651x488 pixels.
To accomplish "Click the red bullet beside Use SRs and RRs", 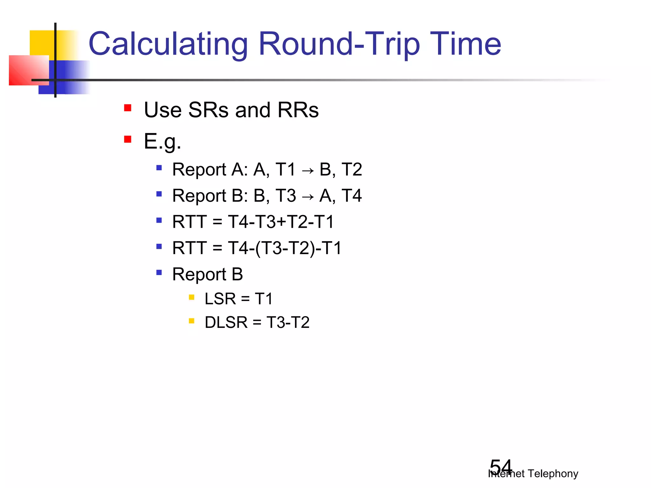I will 128,108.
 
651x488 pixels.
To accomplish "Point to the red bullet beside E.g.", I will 128,139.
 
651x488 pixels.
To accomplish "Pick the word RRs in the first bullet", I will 298,110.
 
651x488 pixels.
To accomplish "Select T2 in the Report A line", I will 352,169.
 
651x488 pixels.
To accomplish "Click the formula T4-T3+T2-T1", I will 281,222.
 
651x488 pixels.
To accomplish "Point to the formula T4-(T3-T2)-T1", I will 285,248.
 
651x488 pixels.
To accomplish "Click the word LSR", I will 220,299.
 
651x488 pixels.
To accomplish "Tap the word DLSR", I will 226,322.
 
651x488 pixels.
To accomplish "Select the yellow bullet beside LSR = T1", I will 191,297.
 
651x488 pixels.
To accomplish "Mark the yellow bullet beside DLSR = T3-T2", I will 191,321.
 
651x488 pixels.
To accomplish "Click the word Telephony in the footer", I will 553,473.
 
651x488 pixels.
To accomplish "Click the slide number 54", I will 501,466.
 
